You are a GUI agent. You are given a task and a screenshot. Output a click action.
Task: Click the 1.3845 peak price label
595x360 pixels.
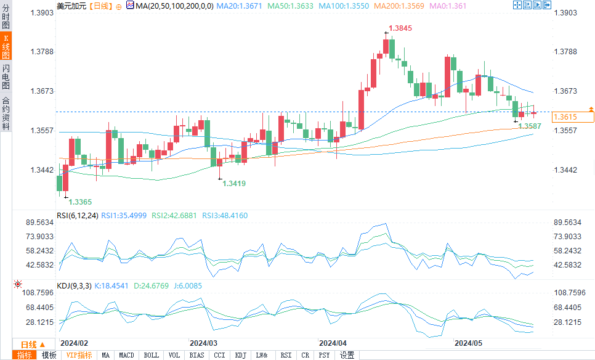pyautogui.click(x=400, y=28)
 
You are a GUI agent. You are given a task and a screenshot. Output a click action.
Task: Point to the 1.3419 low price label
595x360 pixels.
pyautogui.click(x=234, y=183)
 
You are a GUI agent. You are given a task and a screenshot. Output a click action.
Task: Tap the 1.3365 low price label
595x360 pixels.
pyautogui.click(x=80, y=202)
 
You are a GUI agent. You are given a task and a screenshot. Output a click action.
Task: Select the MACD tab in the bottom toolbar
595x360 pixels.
pyautogui.click(x=126, y=355)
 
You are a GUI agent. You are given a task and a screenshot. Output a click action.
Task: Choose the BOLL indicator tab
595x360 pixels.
pyautogui.click(x=151, y=355)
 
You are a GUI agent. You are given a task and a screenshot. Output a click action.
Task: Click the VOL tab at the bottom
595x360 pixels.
pyautogui.click(x=174, y=355)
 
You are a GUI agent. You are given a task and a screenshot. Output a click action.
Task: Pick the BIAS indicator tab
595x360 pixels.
pyautogui.click(x=196, y=355)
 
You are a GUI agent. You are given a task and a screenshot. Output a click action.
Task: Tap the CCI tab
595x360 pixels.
pyautogui.click(x=219, y=355)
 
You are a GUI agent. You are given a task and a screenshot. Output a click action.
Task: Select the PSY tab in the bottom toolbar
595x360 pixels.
pyautogui.click(x=324, y=355)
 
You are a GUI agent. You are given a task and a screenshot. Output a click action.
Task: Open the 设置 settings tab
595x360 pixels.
pyautogui.click(x=347, y=355)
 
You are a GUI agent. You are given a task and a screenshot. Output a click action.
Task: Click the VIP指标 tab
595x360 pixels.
pyautogui.click(x=79, y=355)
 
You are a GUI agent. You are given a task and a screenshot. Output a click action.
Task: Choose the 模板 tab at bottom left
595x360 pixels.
pyautogui.click(x=49, y=355)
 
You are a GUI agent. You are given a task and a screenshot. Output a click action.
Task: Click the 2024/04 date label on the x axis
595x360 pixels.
pyautogui.click(x=333, y=342)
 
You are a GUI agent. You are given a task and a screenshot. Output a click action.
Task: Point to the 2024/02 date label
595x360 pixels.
pyautogui.click(x=75, y=342)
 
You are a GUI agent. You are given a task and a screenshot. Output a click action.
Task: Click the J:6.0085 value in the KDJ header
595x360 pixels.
pyautogui.click(x=185, y=286)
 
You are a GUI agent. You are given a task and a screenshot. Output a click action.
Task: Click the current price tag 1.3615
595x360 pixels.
pyautogui.click(x=565, y=117)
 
